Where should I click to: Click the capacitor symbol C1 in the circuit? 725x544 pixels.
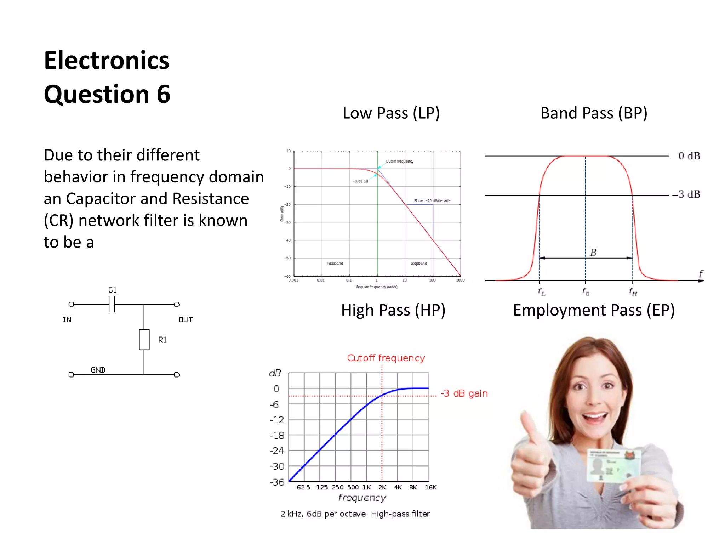click(112, 304)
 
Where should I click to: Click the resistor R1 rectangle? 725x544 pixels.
click(144, 340)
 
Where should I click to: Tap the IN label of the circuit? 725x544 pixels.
click(67, 320)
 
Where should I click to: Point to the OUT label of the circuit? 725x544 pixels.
click(185, 320)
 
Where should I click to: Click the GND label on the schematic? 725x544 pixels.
click(98, 370)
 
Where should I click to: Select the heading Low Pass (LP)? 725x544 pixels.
click(391, 113)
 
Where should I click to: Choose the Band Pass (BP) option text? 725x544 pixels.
click(594, 113)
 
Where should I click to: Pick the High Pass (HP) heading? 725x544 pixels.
click(393, 310)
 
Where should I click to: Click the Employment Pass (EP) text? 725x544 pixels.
click(594, 310)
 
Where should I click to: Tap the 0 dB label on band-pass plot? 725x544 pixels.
click(689, 156)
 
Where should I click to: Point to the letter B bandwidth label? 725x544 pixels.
click(593, 253)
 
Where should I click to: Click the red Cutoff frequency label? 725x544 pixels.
click(386, 358)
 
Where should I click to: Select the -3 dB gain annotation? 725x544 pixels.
click(464, 393)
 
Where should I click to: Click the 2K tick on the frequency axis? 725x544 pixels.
click(382, 487)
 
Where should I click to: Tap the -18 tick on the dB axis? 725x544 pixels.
click(277, 436)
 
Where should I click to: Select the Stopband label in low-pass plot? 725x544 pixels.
click(418, 263)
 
